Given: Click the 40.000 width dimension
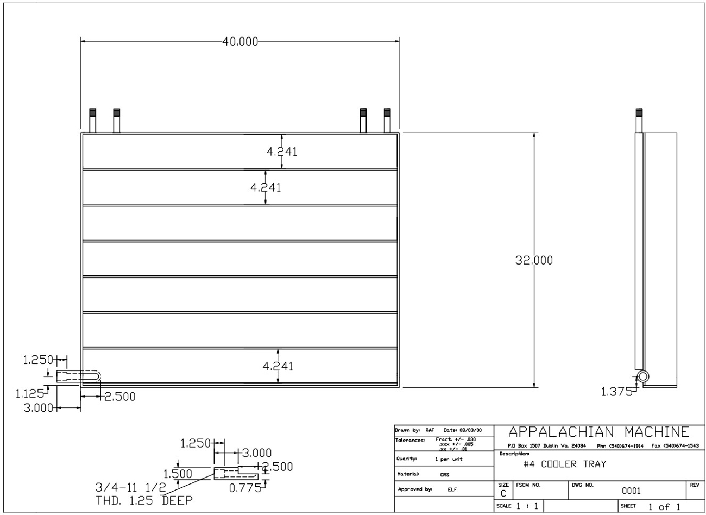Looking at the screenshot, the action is point(240,42).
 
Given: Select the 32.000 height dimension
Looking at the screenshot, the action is point(534,260).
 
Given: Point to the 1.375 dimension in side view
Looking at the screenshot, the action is point(616,391).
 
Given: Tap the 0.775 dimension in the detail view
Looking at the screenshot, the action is point(245,487).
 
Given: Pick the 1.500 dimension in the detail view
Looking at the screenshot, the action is point(178,474).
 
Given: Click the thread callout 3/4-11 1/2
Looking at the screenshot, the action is point(131,487).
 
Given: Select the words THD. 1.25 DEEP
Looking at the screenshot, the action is point(144,500).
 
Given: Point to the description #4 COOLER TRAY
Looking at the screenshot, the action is point(564,464).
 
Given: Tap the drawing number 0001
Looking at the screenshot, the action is point(631,491).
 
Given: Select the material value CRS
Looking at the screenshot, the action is point(444,474).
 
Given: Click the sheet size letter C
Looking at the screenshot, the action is point(503,494).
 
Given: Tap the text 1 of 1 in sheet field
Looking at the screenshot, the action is point(664,507).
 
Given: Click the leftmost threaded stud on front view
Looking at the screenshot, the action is point(92,120).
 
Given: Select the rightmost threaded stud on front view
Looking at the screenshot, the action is point(387,120).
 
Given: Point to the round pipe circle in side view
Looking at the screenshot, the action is point(643,376).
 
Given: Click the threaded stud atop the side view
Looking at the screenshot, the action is point(639,120).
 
